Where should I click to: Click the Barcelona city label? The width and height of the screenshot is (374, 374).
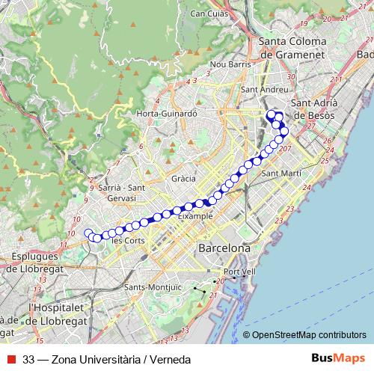(223, 248)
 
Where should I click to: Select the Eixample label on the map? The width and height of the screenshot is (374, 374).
(195, 215)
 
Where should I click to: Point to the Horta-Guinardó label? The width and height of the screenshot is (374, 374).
(167, 114)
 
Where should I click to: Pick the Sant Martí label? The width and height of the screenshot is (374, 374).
(281, 173)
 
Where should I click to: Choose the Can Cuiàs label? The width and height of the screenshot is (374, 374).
(209, 13)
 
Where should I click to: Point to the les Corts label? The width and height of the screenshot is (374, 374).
(127, 241)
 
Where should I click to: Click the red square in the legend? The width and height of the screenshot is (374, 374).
(10, 360)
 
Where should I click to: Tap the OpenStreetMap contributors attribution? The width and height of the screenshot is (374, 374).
(308, 334)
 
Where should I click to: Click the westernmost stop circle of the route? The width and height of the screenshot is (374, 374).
(88, 233)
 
